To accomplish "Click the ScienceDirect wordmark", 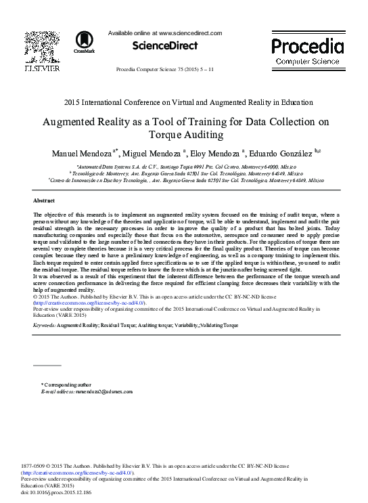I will [x=166, y=45].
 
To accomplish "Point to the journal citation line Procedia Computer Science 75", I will [x=166, y=70].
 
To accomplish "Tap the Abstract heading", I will [x=44, y=201].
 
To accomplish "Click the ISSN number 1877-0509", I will [x=34, y=466].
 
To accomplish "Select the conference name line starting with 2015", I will [x=187, y=103].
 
